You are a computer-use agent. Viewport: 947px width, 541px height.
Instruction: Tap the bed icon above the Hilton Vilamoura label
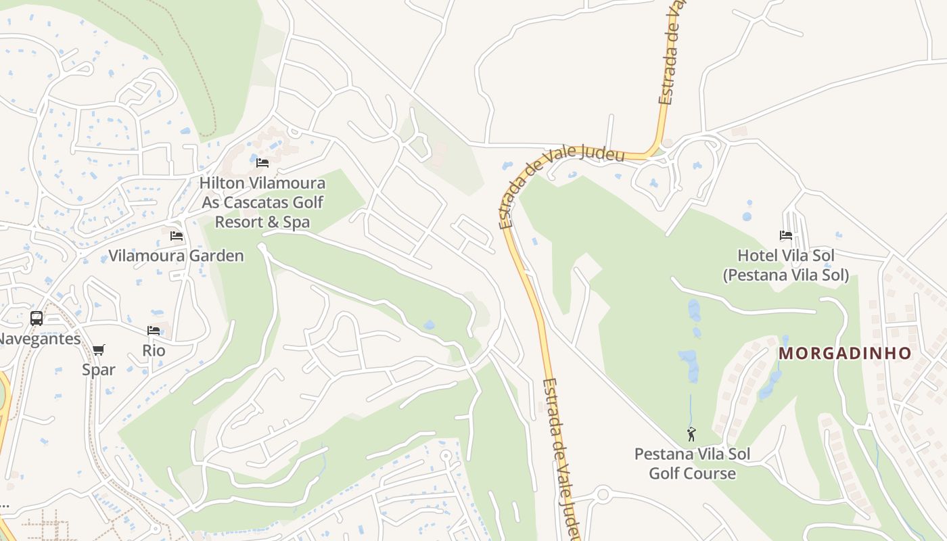[262, 163]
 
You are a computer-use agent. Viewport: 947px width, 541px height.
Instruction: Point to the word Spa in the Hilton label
[296, 222]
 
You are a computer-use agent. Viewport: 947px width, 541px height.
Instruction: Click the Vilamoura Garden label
[176, 256]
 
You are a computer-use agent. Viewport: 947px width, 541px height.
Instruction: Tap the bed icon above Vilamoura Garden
[177, 236]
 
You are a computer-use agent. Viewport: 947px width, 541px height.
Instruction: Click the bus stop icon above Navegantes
[37, 318]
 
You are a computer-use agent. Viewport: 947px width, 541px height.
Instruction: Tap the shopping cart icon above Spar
[99, 350]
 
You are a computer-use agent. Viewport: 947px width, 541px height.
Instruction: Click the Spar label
[99, 370]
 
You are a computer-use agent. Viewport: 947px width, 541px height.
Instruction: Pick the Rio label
[154, 351]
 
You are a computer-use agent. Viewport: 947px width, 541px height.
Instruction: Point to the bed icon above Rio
[154, 331]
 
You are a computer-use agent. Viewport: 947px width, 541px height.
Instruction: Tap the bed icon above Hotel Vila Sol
[785, 235]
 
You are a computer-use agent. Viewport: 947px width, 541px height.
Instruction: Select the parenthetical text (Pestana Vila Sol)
[785, 276]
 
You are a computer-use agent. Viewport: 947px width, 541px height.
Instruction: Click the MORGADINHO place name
[845, 354]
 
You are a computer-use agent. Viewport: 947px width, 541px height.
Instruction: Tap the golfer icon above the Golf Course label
[691, 433]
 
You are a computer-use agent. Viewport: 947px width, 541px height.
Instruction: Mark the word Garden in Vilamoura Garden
[216, 256]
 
